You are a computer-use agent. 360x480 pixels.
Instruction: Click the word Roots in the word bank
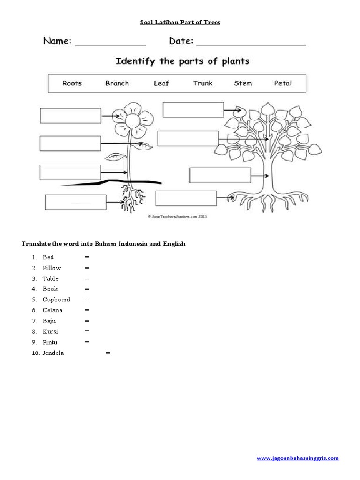[x=72, y=83]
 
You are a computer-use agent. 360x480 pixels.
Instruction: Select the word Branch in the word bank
[x=117, y=83]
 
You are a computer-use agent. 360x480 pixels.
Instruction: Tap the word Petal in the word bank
[x=283, y=83]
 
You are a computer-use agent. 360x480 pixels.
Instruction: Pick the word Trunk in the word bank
[x=202, y=83]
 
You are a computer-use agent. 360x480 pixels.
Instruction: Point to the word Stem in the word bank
[x=243, y=83]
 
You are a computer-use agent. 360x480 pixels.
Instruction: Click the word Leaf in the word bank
[x=161, y=83]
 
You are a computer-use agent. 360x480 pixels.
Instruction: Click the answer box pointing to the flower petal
[x=70, y=116]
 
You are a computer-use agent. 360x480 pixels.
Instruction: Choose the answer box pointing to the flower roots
[x=75, y=202]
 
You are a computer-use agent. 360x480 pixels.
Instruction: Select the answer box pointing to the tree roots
[x=186, y=198]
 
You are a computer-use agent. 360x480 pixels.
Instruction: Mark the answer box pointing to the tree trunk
[x=220, y=175]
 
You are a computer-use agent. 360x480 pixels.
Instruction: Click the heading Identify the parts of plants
[x=182, y=61]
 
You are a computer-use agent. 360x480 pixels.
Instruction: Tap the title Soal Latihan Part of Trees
[x=180, y=22]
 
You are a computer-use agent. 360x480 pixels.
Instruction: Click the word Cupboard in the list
[x=56, y=300]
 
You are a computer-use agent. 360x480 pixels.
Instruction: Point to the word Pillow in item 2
[x=52, y=268]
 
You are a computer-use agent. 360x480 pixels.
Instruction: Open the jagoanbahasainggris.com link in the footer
[x=298, y=458]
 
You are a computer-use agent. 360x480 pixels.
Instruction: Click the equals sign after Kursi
[x=87, y=332]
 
